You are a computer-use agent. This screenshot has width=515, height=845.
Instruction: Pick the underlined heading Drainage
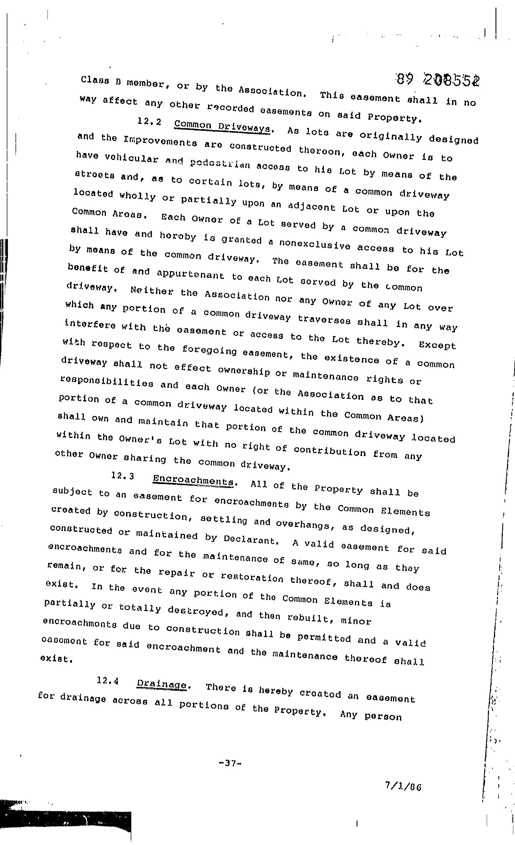(162, 685)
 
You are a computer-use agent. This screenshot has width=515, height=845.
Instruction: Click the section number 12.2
(149, 122)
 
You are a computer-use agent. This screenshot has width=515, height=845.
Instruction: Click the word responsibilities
(106, 382)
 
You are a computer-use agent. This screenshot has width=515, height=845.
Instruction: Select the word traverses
(324, 320)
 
